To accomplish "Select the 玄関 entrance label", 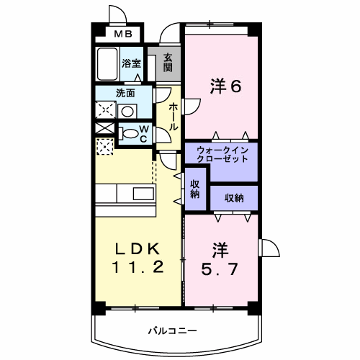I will (x=167, y=63).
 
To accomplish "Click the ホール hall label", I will (x=173, y=116).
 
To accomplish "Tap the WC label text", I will (x=143, y=133).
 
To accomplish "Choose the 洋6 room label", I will (x=225, y=86).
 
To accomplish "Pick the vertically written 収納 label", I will (x=195, y=189).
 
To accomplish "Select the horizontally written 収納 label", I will (x=233, y=197).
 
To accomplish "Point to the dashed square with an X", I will (x=105, y=146).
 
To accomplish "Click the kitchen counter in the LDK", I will (x=136, y=194).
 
